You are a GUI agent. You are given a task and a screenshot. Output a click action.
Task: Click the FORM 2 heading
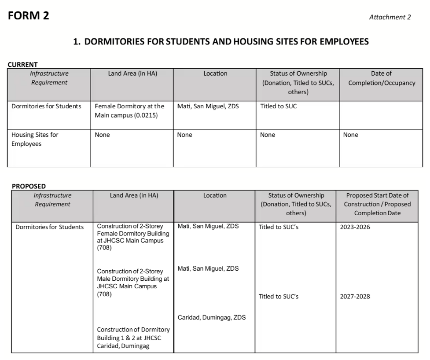pyautogui.click(x=29, y=15)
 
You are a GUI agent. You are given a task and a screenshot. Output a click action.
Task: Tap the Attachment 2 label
pyautogui.click(x=390, y=17)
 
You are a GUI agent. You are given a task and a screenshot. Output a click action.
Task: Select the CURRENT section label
pyautogui.click(x=23, y=65)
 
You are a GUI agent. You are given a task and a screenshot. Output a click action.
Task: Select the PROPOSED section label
pyautogui.click(x=29, y=186)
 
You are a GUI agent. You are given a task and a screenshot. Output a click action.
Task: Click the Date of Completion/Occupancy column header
pyautogui.click(x=381, y=78)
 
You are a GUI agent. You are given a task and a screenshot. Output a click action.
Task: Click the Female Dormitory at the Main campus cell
pyautogui.click(x=129, y=110)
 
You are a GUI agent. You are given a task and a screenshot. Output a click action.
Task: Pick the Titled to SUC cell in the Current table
pyautogui.click(x=278, y=106)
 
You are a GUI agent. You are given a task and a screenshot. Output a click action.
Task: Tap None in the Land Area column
pyautogui.click(x=102, y=135)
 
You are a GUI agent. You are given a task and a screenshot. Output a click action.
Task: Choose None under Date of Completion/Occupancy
pyautogui.click(x=350, y=135)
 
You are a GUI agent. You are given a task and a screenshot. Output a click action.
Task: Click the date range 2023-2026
pyautogui.click(x=355, y=227)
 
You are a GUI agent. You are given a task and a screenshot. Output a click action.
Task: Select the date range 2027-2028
pyautogui.click(x=355, y=297)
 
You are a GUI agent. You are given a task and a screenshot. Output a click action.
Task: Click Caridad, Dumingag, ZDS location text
pyautogui.click(x=212, y=317)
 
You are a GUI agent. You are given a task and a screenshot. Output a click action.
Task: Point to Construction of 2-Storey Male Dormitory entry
pyautogui.click(x=133, y=283)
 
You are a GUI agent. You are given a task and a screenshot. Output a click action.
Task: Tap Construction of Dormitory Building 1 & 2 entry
pyautogui.click(x=133, y=338)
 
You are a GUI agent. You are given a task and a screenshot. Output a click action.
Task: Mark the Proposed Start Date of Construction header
pyautogui.click(x=377, y=204)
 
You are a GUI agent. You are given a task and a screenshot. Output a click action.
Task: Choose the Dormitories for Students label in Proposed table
pyautogui.click(x=49, y=227)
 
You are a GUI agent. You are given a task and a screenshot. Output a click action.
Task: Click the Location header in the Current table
pyautogui.click(x=215, y=73)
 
